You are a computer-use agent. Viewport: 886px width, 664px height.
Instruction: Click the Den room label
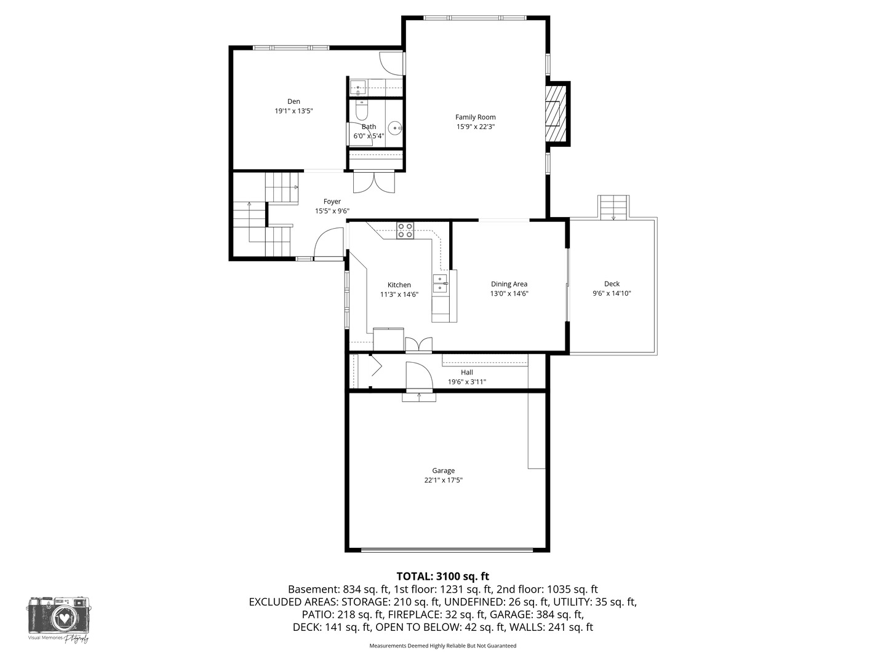[293, 101]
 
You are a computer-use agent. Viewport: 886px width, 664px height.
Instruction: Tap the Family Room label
[475, 117]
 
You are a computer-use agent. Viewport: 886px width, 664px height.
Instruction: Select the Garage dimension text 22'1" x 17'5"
[443, 480]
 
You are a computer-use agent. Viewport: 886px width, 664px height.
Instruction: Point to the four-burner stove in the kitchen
[405, 231]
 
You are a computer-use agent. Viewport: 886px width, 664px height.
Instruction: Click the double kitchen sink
[440, 284]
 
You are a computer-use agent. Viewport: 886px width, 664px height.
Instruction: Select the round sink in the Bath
[395, 128]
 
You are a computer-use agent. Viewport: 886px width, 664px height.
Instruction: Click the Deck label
[612, 284]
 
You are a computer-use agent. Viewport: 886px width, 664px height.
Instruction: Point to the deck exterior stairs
[613, 208]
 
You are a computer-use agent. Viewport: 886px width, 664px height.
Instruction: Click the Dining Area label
[509, 284]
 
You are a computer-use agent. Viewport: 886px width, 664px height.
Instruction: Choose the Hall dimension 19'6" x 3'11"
[466, 382]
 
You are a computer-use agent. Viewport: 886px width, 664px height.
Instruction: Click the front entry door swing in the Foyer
[329, 243]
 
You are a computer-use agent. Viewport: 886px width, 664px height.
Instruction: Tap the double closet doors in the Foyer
[373, 182]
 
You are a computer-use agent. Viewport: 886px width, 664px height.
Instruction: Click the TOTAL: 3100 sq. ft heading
[443, 576]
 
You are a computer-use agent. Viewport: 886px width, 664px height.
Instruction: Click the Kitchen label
[399, 285]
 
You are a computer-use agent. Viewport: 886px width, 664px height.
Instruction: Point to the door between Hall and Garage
[419, 376]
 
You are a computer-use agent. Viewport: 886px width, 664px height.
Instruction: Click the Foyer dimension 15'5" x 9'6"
[332, 211]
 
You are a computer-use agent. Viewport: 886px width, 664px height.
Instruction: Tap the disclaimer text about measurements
[443, 646]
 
